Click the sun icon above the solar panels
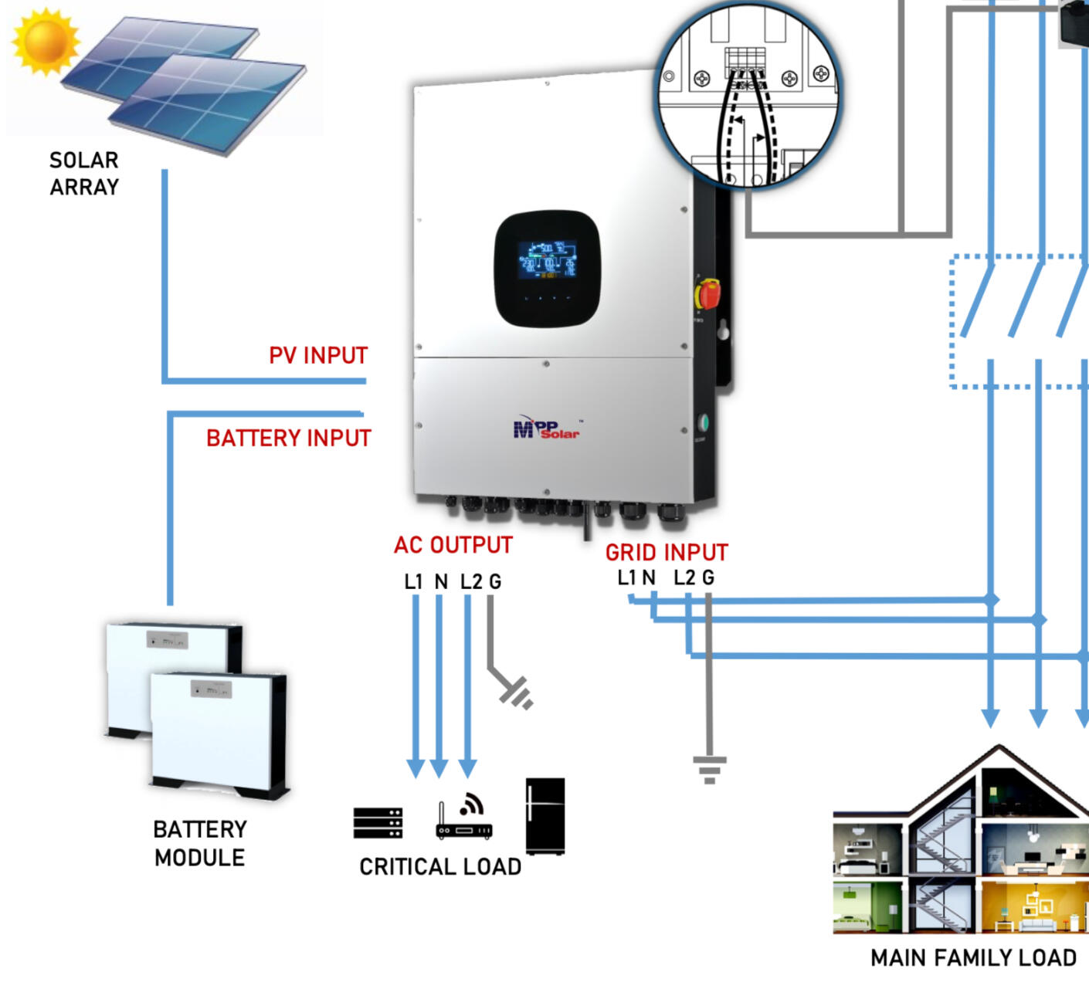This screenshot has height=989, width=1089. click(x=46, y=40)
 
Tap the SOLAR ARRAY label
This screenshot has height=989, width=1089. click(x=84, y=174)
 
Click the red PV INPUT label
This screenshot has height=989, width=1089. click(x=318, y=356)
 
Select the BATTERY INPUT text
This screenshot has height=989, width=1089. click(x=288, y=439)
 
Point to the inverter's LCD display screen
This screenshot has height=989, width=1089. click(x=547, y=259)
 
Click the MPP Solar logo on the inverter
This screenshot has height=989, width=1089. click(x=547, y=429)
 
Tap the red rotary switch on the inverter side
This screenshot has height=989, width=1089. click(x=708, y=294)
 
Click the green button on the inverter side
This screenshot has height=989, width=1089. click(x=702, y=423)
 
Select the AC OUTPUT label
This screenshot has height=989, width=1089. click(x=453, y=545)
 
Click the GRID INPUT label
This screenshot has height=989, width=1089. click(x=667, y=553)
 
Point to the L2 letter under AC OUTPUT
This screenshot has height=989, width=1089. click(x=471, y=582)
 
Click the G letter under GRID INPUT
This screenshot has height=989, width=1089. click(x=707, y=577)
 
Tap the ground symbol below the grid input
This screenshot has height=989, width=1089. click(x=709, y=769)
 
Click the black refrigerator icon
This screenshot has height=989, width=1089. click(x=545, y=816)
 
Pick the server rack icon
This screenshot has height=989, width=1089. click(x=378, y=823)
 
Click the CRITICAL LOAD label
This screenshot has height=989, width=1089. click(x=440, y=867)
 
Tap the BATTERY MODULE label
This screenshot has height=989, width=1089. click(x=199, y=843)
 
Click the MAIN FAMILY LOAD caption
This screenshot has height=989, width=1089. click(x=973, y=958)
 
